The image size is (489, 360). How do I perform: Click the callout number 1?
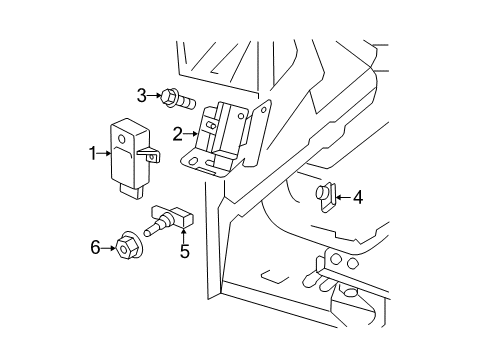point(92,154)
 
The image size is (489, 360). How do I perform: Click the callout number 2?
point(177,132)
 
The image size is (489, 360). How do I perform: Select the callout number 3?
point(143,95)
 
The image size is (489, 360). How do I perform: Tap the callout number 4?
point(358,197)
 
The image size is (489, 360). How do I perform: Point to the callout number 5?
point(185,252)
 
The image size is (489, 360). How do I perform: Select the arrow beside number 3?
point(158,96)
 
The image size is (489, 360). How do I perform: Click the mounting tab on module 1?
point(151,156)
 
